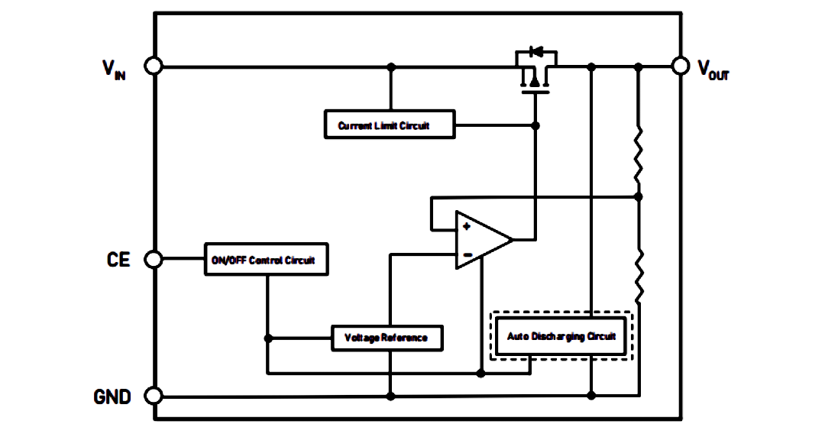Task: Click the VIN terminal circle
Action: pos(154,66)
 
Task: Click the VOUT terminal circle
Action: pos(681,66)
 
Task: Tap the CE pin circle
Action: pos(154,259)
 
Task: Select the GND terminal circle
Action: pos(154,396)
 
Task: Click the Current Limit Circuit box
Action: pos(390,125)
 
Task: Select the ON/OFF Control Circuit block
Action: pos(267,259)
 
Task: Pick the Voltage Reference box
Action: pos(387,338)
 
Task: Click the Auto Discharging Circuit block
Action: pos(561,336)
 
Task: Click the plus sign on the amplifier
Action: pos(466,226)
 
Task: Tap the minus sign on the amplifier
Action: pos(467,255)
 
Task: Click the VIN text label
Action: pos(114,69)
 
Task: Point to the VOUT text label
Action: pos(713,70)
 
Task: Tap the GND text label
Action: pos(112,397)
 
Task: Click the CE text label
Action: pos(118,260)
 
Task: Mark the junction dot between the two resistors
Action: pos(638,197)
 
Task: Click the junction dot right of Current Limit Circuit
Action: pos(535,126)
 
